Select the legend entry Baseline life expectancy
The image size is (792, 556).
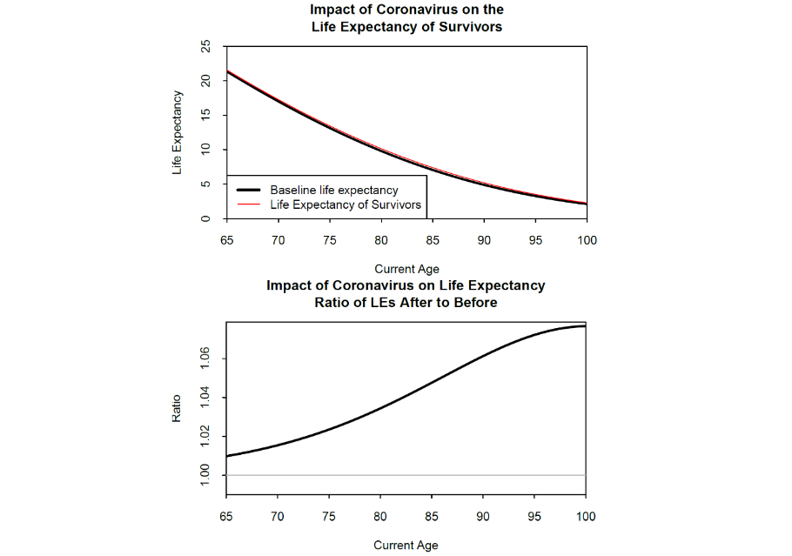point(333,190)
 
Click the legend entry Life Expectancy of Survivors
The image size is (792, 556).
point(346,205)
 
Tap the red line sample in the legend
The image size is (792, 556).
point(249,205)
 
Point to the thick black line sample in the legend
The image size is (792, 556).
point(249,190)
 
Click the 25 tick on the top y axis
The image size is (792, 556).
point(206,46)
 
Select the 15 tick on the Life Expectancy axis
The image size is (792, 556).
point(206,115)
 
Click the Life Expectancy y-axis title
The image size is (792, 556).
point(178,132)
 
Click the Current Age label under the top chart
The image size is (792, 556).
point(406,269)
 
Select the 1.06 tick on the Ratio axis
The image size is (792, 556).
point(206,358)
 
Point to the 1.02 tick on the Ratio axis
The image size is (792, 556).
point(206,437)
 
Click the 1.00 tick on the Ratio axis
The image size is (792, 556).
point(206,475)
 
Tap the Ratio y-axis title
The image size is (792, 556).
point(178,409)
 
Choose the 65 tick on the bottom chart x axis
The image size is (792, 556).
point(226,517)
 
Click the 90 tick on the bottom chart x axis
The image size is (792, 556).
point(483,517)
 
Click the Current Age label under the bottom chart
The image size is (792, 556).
point(406,546)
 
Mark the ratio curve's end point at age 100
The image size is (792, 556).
point(585,326)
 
